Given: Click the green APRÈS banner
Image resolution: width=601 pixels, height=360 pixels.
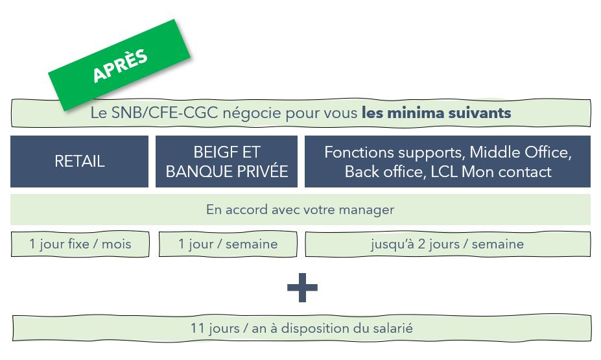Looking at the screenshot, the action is tap(119, 65).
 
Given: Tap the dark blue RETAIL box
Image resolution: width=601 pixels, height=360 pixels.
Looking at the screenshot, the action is tap(79, 162).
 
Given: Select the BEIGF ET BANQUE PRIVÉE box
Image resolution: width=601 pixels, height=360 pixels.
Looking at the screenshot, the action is tap(226, 162).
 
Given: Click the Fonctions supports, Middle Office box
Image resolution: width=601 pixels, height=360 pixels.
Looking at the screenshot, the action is tap(447, 162).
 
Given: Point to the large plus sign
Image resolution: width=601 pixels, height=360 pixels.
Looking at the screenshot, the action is tap(302, 287).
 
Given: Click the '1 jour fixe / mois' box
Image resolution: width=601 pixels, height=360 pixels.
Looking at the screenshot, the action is tap(80, 244).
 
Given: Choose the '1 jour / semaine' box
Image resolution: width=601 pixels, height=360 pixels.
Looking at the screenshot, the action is tap(228, 244).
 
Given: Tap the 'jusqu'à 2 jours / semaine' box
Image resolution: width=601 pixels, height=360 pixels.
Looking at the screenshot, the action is tap(448, 244).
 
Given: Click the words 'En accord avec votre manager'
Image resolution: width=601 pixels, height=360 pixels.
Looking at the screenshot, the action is tap(300, 210).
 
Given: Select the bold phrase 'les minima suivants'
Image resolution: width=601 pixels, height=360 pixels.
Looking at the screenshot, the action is tap(436, 113).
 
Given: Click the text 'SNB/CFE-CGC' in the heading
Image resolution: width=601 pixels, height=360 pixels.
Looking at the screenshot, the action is tap(165, 113).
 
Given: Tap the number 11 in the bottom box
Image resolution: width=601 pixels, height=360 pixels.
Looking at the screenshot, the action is tap(198, 328).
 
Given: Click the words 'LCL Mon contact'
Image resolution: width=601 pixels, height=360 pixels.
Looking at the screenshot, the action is tap(491, 171).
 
